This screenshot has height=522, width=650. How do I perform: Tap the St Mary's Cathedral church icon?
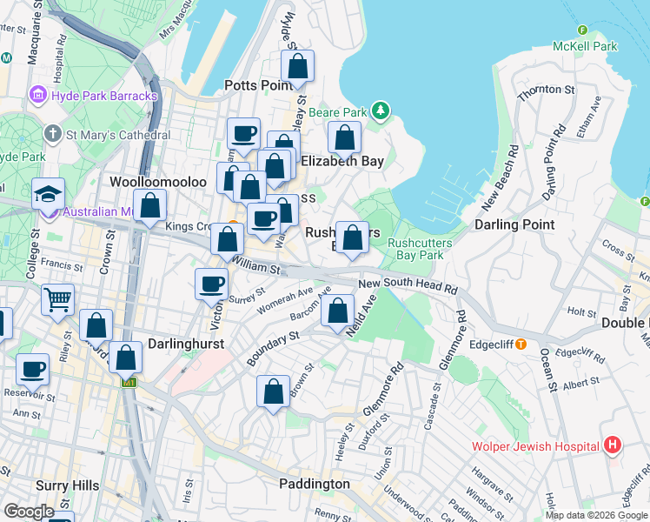click(x=53, y=135)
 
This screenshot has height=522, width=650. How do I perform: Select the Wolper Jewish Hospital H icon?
click(x=613, y=446)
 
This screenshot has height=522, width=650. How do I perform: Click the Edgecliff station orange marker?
click(x=521, y=344)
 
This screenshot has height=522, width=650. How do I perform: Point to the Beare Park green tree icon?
click(x=380, y=111)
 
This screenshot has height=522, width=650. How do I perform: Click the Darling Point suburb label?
click(x=514, y=224)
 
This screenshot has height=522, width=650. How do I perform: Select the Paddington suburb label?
click(x=315, y=484)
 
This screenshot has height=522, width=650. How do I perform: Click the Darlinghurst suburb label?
click(x=186, y=344)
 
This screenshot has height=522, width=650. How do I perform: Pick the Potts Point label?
click(x=258, y=85)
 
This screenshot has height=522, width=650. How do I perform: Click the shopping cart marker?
click(x=57, y=300)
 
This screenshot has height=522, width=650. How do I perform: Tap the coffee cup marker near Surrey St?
click(x=211, y=284)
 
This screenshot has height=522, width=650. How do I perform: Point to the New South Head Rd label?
click(x=408, y=285)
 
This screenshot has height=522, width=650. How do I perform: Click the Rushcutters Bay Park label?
click(x=415, y=249)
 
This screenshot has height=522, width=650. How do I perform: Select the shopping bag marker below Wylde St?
click(x=297, y=66)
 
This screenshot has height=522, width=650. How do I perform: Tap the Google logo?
click(x=30, y=512)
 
